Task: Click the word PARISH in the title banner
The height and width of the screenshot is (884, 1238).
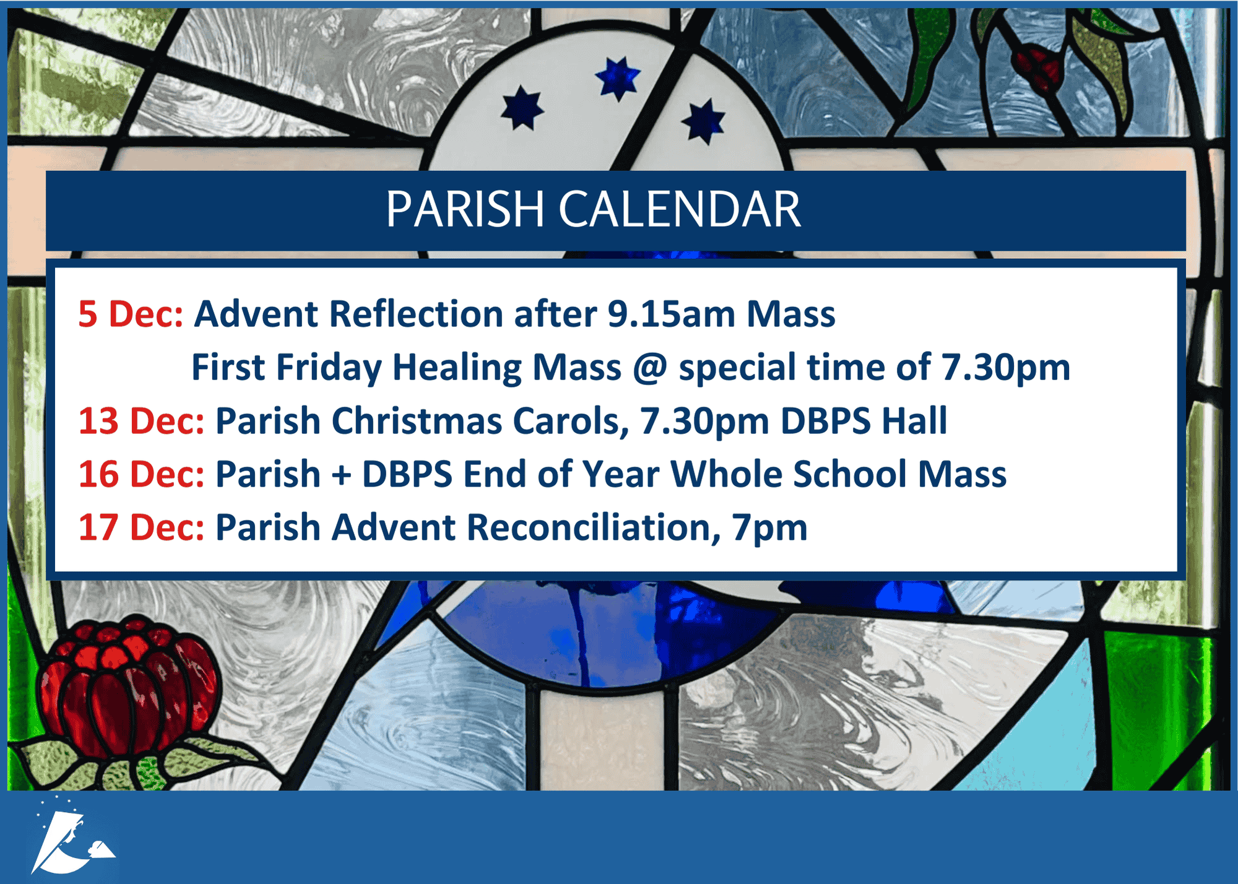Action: (x=465, y=209)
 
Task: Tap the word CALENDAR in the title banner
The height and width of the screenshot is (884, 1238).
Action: (x=680, y=209)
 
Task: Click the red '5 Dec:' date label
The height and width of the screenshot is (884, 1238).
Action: (x=131, y=314)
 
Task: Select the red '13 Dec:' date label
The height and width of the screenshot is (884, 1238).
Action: (x=141, y=421)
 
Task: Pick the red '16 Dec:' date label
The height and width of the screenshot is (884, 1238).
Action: (x=141, y=474)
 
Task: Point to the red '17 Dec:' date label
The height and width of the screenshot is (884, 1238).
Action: (x=141, y=527)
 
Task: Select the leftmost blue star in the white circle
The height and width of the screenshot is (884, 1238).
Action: (x=522, y=108)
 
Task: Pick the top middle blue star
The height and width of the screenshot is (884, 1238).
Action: (x=618, y=78)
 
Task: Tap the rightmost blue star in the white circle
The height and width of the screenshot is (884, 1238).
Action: (x=703, y=121)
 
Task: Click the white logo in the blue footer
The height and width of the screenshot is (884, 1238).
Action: (x=72, y=836)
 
